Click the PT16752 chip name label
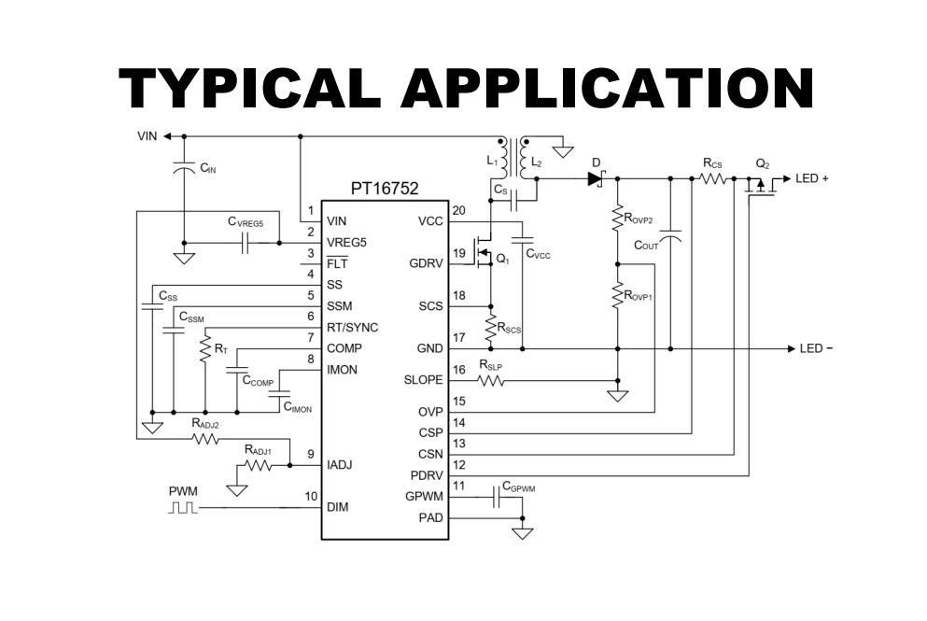pyautogui.click(x=385, y=188)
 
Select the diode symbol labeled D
pyautogui.click(x=596, y=178)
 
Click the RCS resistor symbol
pyautogui.click(x=712, y=178)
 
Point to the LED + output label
pyautogui.click(x=812, y=178)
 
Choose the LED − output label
pyautogui.click(x=816, y=348)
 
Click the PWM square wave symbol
pyautogui.click(x=183, y=507)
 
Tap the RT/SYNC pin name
pyautogui.click(x=352, y=328)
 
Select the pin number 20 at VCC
pyautogui.click(x=458, y=210)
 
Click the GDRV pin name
pyautogui.click(x=426, y=263)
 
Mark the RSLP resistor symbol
pyautogui.click(x=491, y=381)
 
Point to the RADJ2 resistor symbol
pyautogui.click(x=205, y=439)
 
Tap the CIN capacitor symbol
pyautogui.click(x=184, y=166)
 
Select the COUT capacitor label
pyautogui.click(x=646, y=245)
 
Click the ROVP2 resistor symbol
pyautogui.click(x=617, y=218)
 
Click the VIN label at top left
pyautogui.click(x=147, y=136)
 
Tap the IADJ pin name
pyautogui.click(x=340, y=465)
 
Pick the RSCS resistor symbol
pyautogui.click(x=490, y=328)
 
